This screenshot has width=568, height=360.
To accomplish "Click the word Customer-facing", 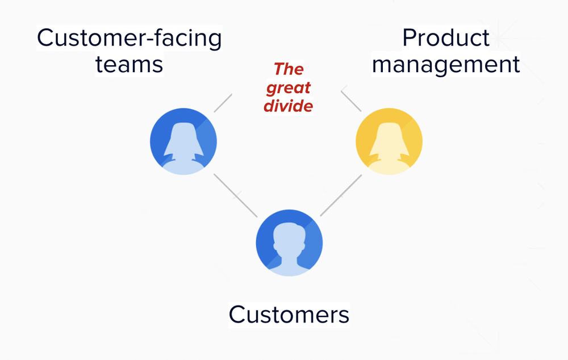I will (x=129, y=39).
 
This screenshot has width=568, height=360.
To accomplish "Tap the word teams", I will (x=129, y=64).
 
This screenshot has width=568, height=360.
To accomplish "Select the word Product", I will (x=445, y=38).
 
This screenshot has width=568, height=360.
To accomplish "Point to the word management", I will (x=446, y=64).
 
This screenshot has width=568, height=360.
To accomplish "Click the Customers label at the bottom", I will (x=289, y=314).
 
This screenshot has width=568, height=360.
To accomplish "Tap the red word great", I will (x=289, y=88).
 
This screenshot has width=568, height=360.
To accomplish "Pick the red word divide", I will (x=289, y=106).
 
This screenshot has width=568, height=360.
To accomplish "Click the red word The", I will (x=289, y=69).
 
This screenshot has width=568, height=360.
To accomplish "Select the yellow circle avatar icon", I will (x=389, y=140).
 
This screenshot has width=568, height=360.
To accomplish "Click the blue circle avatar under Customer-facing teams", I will (x=183, y=140).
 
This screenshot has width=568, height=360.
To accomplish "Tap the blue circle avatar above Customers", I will (x=289, y=242).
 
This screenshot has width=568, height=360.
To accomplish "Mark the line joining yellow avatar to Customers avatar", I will (x=341, y=195).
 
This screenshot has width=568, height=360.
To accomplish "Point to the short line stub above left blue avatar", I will (x=223, y=103).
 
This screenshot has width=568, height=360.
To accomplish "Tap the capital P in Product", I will (x=409, y=38).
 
